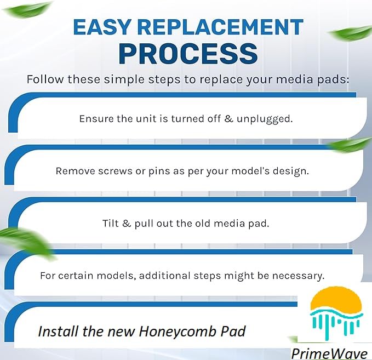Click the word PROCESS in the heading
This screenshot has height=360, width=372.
[188, 53]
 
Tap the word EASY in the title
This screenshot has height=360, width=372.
[102, 27]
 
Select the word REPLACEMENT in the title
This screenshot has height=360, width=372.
[220, 27]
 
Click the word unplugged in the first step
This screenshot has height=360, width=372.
[264, 119]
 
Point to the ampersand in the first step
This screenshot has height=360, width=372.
[228, 119]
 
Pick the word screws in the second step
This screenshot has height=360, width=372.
[115, 171]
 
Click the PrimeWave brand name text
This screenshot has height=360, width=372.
[329, 354]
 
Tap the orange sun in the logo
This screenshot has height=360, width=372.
[337, 300]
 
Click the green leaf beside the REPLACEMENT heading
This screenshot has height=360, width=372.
[350, 33]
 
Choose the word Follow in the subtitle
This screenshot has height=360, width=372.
[45, 79]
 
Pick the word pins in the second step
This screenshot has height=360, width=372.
[159, 172]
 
